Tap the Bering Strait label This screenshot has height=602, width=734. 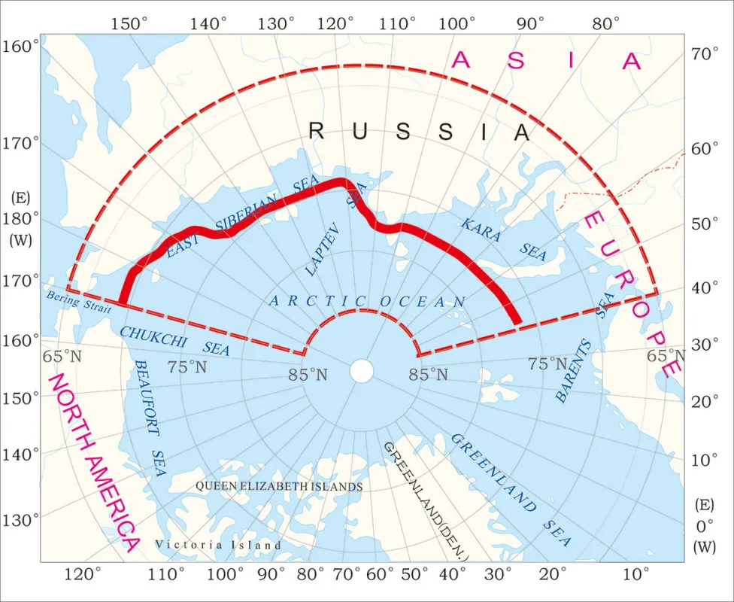[x=79, y=301]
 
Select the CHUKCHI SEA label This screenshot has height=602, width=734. [x=174, y=340]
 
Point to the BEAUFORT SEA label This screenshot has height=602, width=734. [x=149, y=417]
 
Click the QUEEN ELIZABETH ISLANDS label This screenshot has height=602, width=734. [x=279, y=487]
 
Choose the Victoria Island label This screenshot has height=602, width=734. [x=218, y=545]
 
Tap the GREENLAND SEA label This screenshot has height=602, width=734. [x=511, y=490]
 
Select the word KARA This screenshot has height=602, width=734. [x=481, y=230]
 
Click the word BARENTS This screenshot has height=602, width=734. [x=574, y=371]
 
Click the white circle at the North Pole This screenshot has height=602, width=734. [x=362, y=371]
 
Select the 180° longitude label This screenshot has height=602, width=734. [x=20, y=219]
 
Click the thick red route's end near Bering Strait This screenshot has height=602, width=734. [x=122, y=302]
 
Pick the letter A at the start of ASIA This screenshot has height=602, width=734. [x=461, y=61]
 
